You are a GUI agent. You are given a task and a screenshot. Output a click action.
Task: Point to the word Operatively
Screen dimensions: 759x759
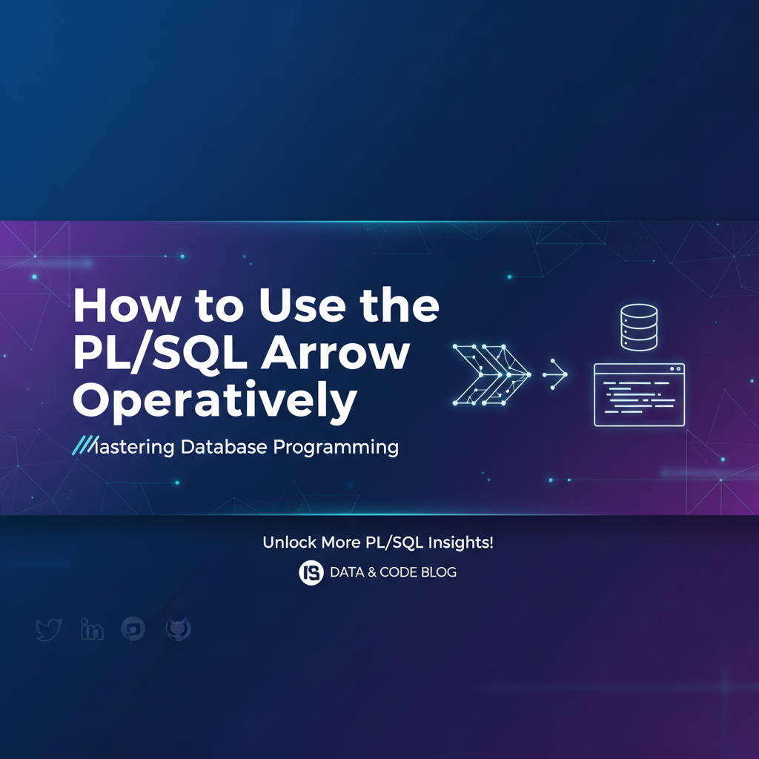pyautogui.click(x=215, y=401)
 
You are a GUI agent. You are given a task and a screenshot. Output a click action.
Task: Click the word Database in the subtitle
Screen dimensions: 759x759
pyautogui.click(x=224, y=446)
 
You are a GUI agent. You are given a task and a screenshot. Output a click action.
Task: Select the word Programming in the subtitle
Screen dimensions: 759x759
pyautogui.click(x=336, y=447)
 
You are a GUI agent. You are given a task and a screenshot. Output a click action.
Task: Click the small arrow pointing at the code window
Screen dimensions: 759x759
pyautogui.click(x=555, y=374)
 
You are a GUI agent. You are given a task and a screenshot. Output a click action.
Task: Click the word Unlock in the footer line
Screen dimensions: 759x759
pyautogui.click(x=290, y=542)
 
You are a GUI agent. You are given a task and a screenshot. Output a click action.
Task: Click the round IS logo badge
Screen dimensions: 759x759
pyautogui.click(x=311, y=573)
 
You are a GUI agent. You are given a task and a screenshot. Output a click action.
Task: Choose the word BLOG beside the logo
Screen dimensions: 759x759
pyautogui.click(x=439, y=572)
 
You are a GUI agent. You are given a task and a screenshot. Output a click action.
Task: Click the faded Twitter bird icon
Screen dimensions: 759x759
pyautogui.click(x=49, y=629)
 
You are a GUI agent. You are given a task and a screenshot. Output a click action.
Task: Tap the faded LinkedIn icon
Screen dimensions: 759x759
pyautogui.click(x=92, y=629)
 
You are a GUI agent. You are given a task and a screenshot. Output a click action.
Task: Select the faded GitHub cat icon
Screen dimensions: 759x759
pyautogui.click(x=179, y=629)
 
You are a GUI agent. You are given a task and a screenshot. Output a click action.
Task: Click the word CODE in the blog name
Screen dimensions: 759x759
pyautogui.click(x=398, y=572)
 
